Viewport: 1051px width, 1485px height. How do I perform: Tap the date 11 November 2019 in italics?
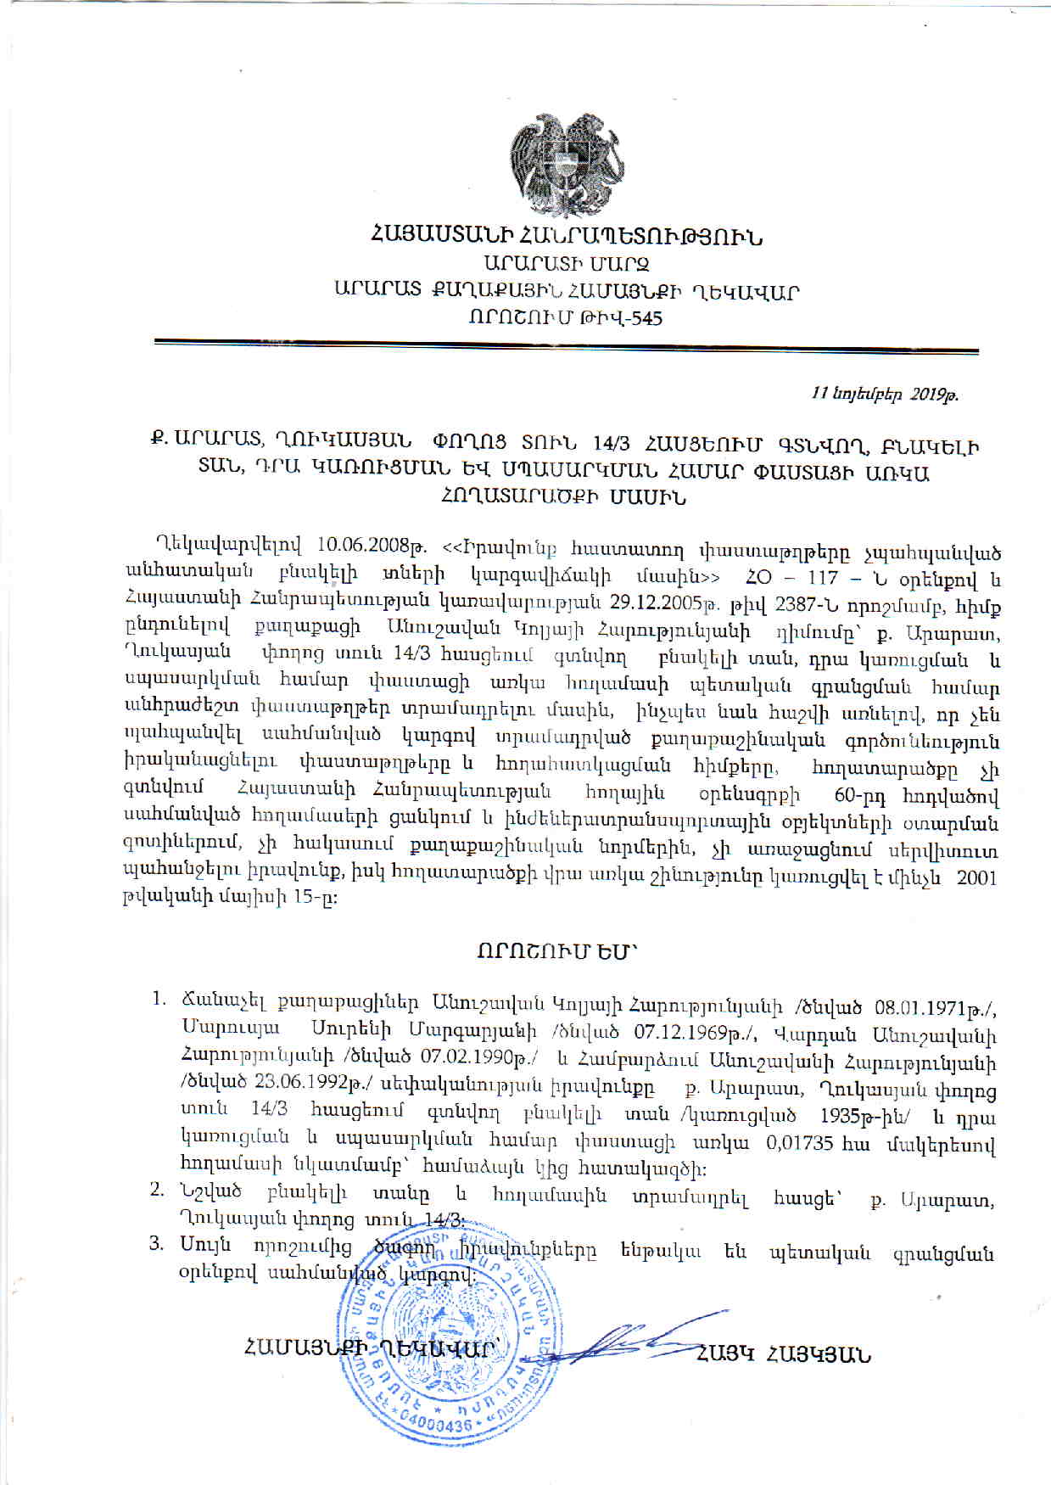pos(885,394)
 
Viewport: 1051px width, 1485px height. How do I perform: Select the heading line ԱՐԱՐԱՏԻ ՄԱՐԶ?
pos(567,264)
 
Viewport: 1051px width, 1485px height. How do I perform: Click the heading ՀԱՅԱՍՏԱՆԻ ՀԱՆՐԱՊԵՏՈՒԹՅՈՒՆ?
pos(567,236)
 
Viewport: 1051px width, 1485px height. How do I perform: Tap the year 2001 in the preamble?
pos(976,877)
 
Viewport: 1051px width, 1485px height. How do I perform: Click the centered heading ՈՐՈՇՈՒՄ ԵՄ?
pos(556,951)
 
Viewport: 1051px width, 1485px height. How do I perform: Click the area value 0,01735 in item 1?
pos(799,1142)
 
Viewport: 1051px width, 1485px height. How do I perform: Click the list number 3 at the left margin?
pos(156,1244)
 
